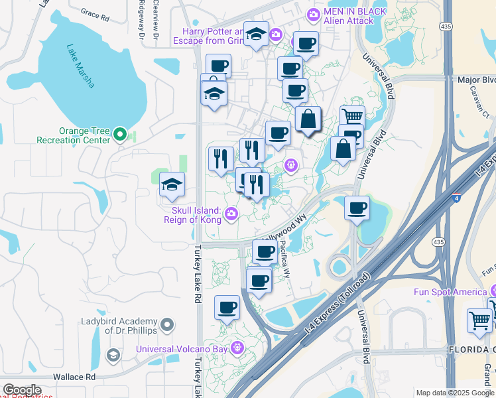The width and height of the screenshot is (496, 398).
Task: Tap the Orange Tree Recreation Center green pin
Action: [120, 135]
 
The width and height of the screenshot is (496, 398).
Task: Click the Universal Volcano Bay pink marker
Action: [237, 348]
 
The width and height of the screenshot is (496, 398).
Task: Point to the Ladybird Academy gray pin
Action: [167, 325]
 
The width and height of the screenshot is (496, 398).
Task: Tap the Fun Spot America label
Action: [450, 292]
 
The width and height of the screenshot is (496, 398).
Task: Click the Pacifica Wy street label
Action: [284, 257]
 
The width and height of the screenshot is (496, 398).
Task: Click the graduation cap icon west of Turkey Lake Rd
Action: [172, 185]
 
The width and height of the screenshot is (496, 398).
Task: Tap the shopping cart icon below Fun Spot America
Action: [479, 320]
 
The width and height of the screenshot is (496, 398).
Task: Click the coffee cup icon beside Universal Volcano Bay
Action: [227, 308]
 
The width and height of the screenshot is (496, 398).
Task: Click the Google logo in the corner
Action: [22, 390]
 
